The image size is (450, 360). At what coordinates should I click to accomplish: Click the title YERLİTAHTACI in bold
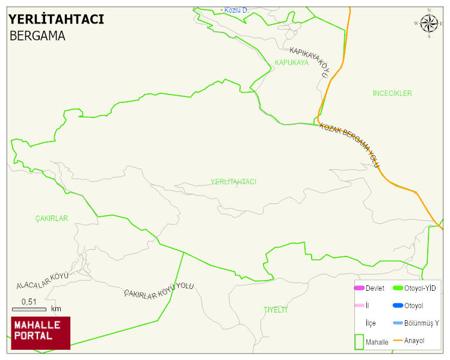pos(56,19)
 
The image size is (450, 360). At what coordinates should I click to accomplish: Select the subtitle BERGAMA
pos(37,36)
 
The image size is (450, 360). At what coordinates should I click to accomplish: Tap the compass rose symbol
pos(429,23)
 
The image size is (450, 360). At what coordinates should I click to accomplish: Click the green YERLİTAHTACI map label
pos(233,182)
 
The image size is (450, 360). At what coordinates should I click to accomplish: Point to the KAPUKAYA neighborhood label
pos(291,63)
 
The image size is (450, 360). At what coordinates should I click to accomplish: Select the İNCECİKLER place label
pos(392,93)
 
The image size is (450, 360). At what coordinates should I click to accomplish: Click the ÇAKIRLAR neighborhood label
pos(51,219)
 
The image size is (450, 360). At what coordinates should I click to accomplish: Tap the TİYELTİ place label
pos(275,309)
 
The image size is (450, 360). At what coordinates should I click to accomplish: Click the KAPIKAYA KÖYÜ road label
pos(310,62)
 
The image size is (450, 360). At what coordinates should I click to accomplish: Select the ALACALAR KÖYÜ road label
pos(42,280)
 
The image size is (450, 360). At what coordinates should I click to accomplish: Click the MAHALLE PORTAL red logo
pos(41,333)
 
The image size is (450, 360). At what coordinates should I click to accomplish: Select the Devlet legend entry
pos(368,288)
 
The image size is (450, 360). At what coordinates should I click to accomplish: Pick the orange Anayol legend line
pos(398,341)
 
